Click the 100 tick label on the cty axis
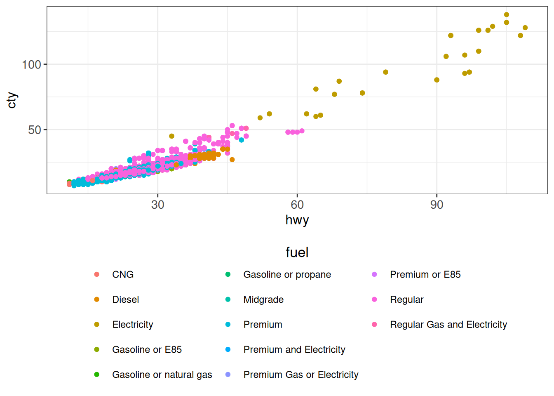coord(31,64)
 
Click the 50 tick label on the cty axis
coord(35,130)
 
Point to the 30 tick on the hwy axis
coord(157,205)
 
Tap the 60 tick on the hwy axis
coord(297,205)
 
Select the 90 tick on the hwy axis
coord(437,205)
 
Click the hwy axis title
coord(297,220)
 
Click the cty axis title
coord(12,100)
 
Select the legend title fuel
coord(297,252)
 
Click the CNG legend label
coord(123,275)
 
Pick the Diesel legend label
coord(125,300)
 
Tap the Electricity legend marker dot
coord(96,325)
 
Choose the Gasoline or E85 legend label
coord(147,350)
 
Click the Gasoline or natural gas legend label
coord(162,375)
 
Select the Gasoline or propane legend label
coord(287,275)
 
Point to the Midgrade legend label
coord(263,300)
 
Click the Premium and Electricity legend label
coord(294,350)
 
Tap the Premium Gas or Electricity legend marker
coord(228,375)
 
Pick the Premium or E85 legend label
coord(425,275)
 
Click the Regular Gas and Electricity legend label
coord(448,325)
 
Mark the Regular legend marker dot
coord(374,299)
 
